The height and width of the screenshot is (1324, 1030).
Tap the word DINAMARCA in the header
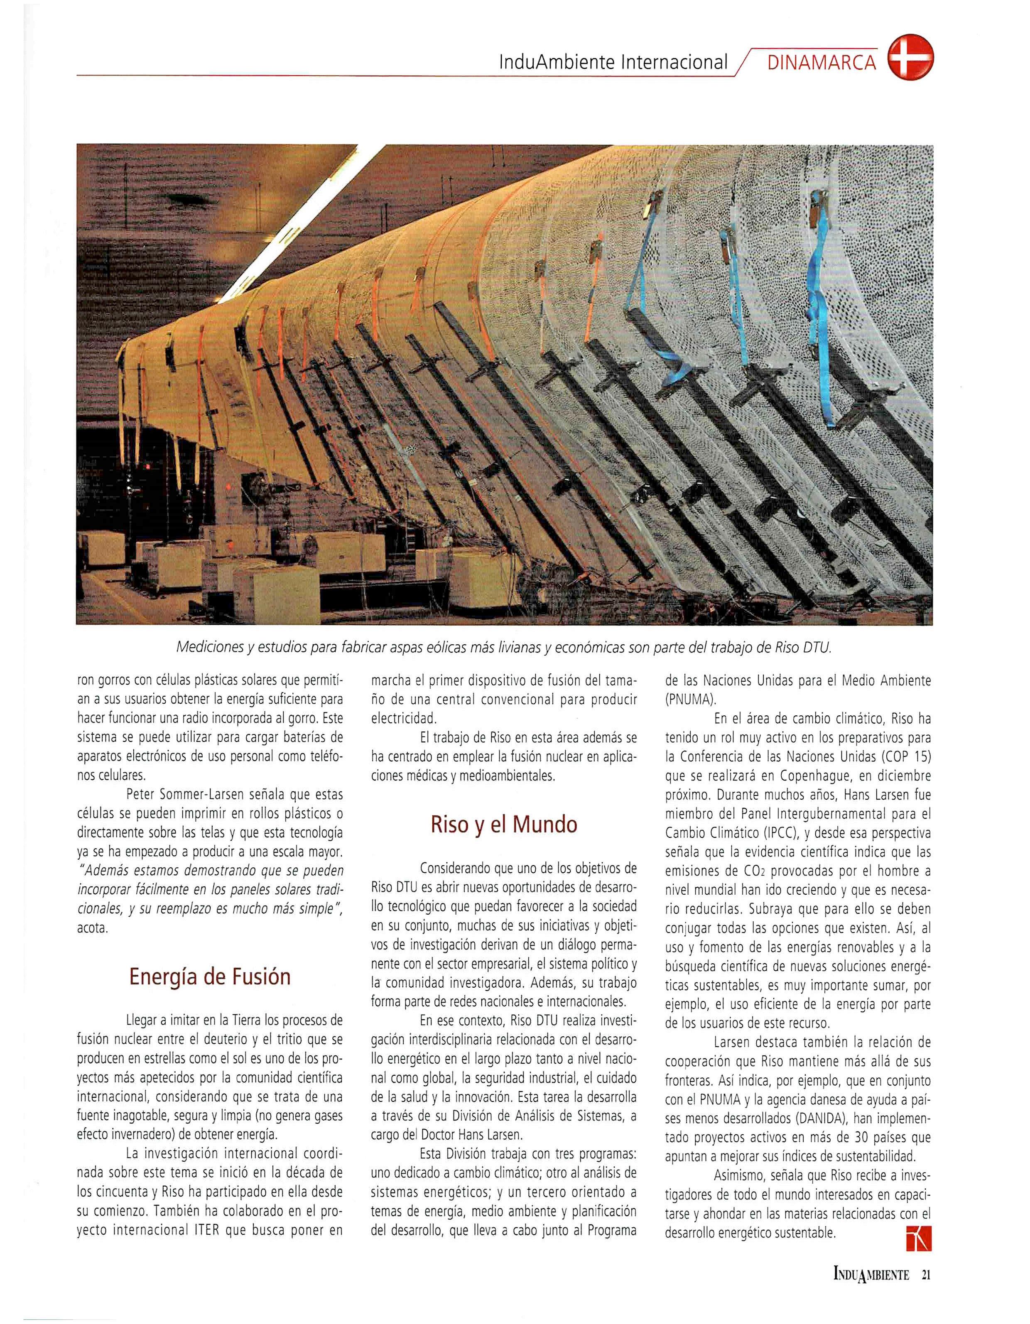tap(822, 63)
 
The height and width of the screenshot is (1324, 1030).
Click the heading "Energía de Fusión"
tap(209, 976)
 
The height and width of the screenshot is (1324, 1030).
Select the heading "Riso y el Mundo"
tap(503, 825)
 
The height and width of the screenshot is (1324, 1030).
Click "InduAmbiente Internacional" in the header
tap(612, 63)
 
